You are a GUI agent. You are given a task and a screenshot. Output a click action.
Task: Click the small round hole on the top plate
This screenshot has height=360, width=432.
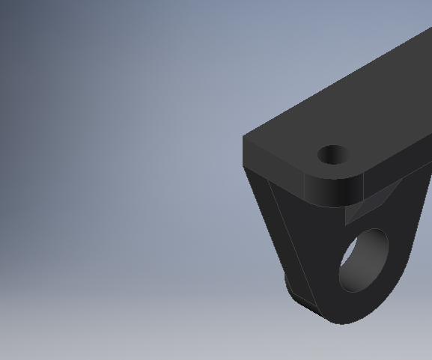[334, 155]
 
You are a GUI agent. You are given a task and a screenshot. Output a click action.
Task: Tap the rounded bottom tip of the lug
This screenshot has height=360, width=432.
[344, 318]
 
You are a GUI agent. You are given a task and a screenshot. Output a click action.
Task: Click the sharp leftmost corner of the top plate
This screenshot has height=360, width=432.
[244, 138]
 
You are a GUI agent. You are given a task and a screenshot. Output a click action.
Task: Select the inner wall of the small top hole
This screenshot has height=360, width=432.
[334, 159]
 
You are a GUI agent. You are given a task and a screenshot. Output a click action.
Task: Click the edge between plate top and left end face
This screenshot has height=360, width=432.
[277, 149]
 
